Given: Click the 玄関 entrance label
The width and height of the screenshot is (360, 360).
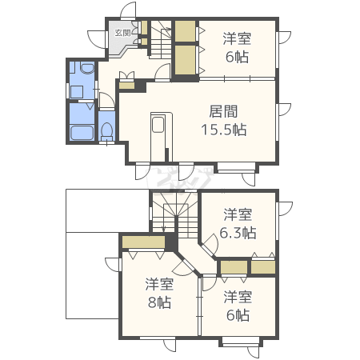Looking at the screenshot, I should pyautogui.click(x=122, y=33).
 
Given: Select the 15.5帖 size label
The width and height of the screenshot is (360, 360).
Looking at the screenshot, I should pyautogui.click(x=223, y=130).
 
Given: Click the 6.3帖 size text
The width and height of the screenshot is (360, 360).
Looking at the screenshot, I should pyautogui.click(x=238, y=234).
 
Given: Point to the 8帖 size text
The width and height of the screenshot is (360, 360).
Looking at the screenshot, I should pyautogui.click(x=159, y=302).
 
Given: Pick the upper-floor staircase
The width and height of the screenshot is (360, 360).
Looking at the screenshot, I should pyautogui.click(x=174, y=214).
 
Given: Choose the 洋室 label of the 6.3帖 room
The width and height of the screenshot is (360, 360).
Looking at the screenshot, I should pyautogui.click(x=238, y=214).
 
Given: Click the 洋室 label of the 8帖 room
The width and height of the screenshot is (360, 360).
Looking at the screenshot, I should pyautogui.click(x=159, y=284).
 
